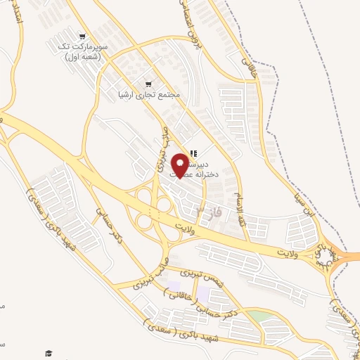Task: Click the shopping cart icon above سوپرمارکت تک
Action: (83, 37)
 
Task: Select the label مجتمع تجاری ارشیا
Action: (149, 93)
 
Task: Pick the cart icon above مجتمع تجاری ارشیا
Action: (148, 81)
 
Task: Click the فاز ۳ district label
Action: (209, 212)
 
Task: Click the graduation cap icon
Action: (49, 353)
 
